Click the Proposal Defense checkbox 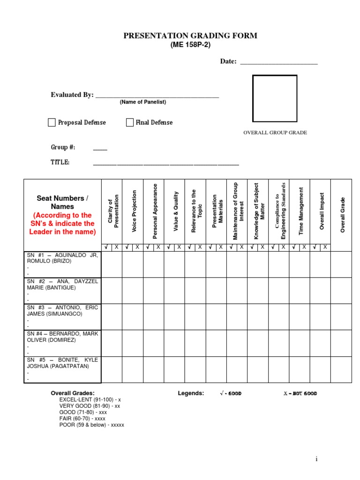click(x=52, y=123)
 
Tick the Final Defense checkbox click(x=130, y=123)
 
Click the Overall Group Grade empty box click(x=275, y=98)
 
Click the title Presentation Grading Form click(x=190, y=36)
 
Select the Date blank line click(x=279, y=62)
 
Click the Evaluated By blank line click(x=157, y=95)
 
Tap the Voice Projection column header click(x=134, y=211)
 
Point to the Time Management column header click(x=301, y=211)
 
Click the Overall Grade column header click(x=342, y=215)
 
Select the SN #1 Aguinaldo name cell click(x=62, y=264)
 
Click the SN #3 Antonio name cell click(x=62, y=316)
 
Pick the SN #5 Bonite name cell click(x=62, y=369)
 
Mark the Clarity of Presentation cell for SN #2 click(x=112, y=291)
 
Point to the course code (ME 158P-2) click(x=190, y=45)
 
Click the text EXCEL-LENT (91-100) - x click(x=90, y=399)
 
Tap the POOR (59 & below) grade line click(x=92, y=425)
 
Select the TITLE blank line click(x=166, y=163)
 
